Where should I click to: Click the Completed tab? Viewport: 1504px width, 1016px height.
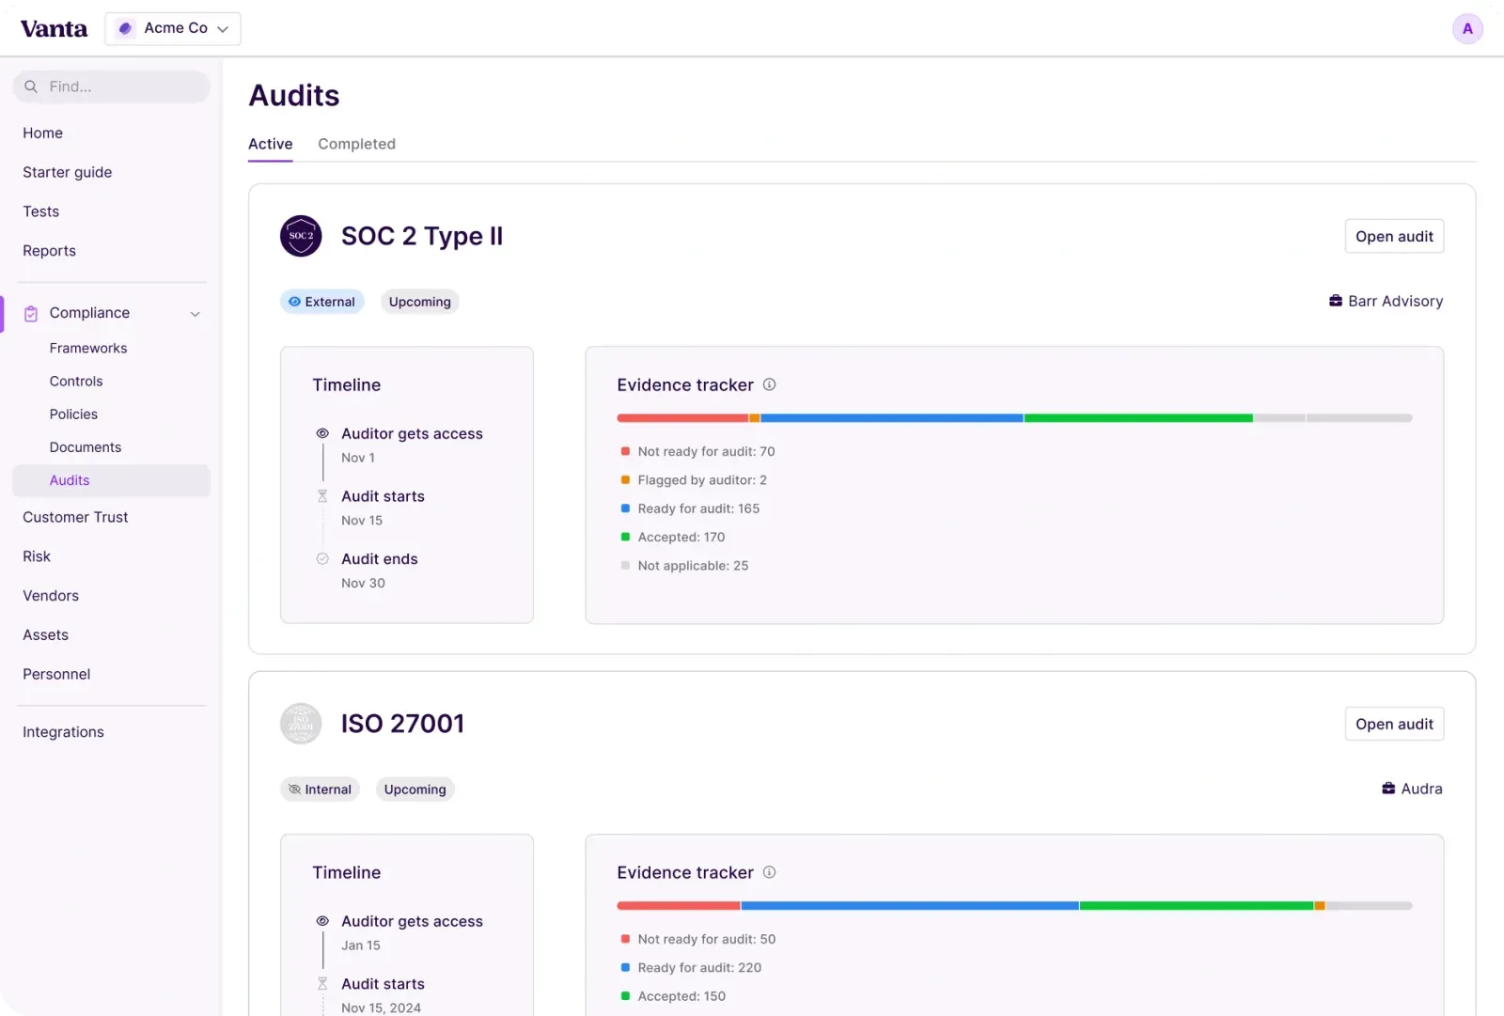coord(356,144)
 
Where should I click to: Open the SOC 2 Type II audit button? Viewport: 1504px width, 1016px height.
coord(1394,237)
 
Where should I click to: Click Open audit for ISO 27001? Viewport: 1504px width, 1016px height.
coord(1394,724)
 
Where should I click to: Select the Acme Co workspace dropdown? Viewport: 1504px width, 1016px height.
coord(173,29)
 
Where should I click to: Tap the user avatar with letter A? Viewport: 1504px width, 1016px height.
coord(1467,29)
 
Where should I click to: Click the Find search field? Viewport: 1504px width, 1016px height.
coord(112,86)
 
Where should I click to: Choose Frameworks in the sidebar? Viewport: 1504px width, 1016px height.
coord(88,348)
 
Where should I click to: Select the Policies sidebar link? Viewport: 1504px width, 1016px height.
coord(73,414)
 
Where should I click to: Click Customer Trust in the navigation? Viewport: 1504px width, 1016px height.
coord(75,517)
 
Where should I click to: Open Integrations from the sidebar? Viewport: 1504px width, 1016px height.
coord(63,732)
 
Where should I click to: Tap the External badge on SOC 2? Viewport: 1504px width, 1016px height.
coord(321,302)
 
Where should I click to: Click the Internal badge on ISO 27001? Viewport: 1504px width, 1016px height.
coord(320,789)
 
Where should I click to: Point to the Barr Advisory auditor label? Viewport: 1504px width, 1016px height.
coord(1386,302)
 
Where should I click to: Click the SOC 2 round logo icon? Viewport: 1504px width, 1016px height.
coord(301,236)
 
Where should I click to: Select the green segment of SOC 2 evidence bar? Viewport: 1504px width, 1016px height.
coord(1137,418)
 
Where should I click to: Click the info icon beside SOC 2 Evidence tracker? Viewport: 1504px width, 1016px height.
coord(769,384)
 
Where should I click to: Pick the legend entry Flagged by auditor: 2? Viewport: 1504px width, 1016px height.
coord(701,480)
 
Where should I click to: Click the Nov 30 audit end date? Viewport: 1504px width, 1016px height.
coord(363,584)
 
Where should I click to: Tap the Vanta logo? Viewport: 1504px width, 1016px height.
coord(54,29)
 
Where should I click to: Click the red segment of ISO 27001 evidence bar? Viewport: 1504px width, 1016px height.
coord(678,906)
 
